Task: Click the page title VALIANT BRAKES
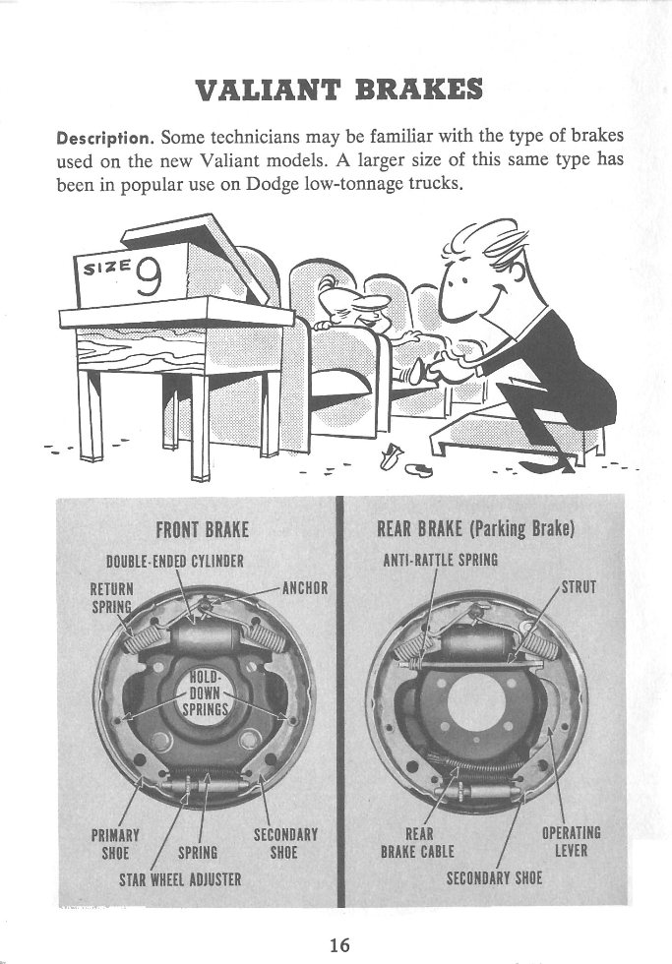coord(338,90)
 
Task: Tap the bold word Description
coord(101,138)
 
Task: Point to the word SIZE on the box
coord(106,268)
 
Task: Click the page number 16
coord(339,944)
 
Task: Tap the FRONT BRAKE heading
coord(203,530)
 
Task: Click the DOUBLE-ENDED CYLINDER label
coord(174,563)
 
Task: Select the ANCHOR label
coord(304,590)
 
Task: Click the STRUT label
coord(578,589)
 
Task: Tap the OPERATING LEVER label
coord(572,842)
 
